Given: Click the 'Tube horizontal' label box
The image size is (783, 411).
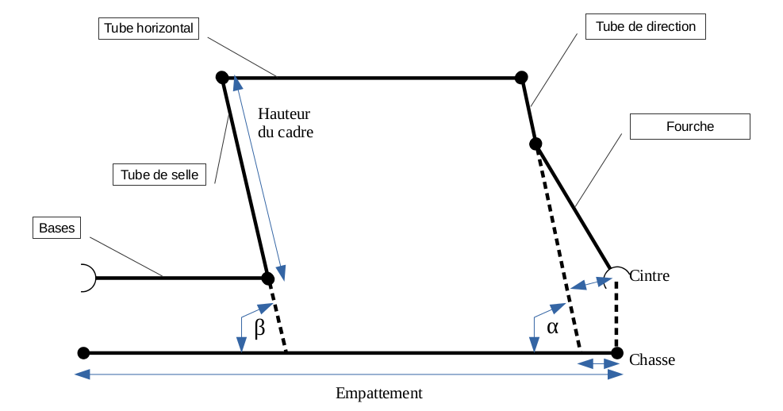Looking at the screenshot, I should coord(148,28).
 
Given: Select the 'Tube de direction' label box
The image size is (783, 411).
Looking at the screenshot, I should coord(645,27).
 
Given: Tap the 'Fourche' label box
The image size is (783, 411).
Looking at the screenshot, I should coord(689,126).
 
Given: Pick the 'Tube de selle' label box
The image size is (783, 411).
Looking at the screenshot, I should coord(159,174).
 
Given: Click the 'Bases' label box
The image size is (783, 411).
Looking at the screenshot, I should coord(56,229).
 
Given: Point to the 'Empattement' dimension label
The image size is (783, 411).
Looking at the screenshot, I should coord(378,394).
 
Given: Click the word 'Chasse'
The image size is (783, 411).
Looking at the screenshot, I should coord(652,360).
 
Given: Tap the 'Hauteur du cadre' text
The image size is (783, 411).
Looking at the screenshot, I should coord(286,123).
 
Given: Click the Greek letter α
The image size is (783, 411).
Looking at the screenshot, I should coord(552,326).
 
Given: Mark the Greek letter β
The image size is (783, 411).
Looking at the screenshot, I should coord(259,327).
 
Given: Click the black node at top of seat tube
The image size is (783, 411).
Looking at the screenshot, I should coord(222,78).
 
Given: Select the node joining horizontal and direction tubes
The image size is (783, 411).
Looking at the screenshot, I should coord(521,77).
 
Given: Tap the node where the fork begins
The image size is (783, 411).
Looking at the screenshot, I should coord(535,144).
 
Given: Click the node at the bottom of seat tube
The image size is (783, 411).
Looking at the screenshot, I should coord(267,278).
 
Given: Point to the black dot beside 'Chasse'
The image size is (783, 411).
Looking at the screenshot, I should coord(617,352).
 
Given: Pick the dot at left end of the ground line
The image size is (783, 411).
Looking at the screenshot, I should coord(83,352).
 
